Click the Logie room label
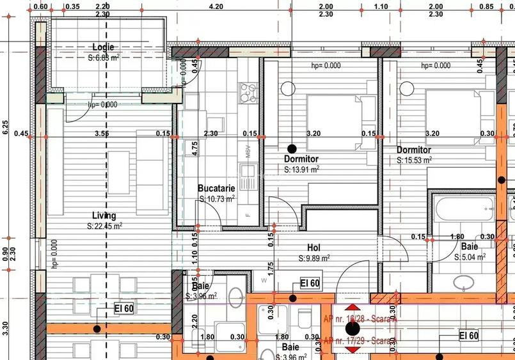point(103,47)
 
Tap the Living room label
point(104,215)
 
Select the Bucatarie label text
point(216,189)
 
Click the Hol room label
point(313,247)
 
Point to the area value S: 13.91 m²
point(302,170)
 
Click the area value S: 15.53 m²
point(414,160)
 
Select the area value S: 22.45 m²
point(105,226)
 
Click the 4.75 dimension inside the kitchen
point(195,149)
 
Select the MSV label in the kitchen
point(248,152)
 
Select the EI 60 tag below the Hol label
point(310,283)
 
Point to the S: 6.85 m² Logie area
point(104,58)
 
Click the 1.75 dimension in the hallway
point(271,267)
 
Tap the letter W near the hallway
point(263,279)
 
